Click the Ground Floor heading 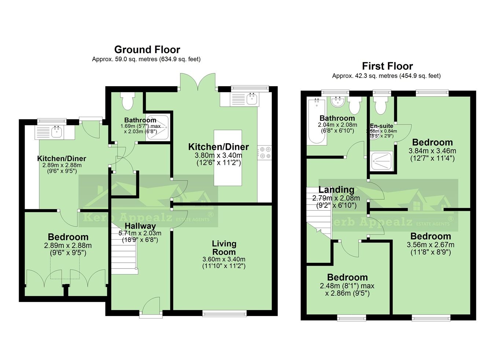(147, 50)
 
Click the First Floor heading (387, 66)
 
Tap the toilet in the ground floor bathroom (128, 101)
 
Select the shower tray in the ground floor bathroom (158, 127)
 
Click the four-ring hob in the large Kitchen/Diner (265, 153)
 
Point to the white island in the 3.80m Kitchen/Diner (228, 157)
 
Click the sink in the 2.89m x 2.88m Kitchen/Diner (56, 132)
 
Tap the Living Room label (224, 248)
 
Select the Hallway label (140, 226)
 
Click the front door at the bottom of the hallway (151, 306)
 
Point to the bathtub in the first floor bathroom (315, 121)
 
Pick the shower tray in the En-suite (382, 160)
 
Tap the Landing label (336, 190)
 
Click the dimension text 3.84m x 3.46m (432, 151)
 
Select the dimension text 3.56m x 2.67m (430, 245)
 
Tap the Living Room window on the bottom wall (224, 313)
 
